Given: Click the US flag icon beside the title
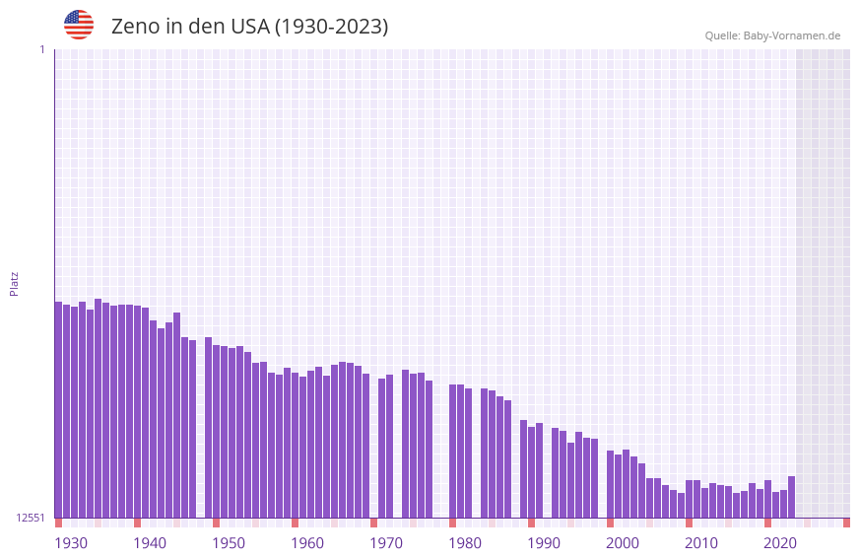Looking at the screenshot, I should pos(79,25).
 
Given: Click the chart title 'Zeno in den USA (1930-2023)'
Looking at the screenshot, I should pos(249,27).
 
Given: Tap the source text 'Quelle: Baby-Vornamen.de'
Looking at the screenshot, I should pos(772,35).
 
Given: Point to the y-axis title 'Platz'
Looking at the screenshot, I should pos(14,283).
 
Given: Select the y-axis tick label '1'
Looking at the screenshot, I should pos(41,49).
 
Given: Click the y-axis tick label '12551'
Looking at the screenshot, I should pos(31,518).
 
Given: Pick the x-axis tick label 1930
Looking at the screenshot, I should pos(71,543).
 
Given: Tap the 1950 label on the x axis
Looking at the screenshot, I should pos(229,543).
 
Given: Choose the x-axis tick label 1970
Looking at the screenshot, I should pos(386,543).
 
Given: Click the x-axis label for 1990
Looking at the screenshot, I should pos(544,543).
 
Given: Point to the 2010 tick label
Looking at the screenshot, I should pos(701,543).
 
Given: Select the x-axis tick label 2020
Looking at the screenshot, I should pos(780,543).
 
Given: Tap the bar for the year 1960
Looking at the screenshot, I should pos(295,445).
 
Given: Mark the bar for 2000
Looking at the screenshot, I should pos(610,484).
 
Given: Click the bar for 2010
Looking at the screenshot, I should pos(689,499).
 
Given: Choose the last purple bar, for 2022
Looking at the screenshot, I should pos(791,497).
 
